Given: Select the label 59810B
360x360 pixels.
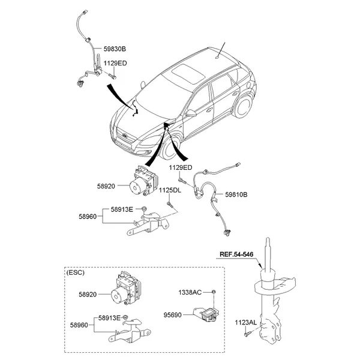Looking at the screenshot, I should [x=236, y=194].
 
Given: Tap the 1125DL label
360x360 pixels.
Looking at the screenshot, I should [x=170, y=190].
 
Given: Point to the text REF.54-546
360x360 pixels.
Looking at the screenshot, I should [x=238, y=254].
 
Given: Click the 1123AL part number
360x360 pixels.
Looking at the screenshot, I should [x=246, y=323].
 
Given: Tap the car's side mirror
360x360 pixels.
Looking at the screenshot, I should [x=190, y=112].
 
